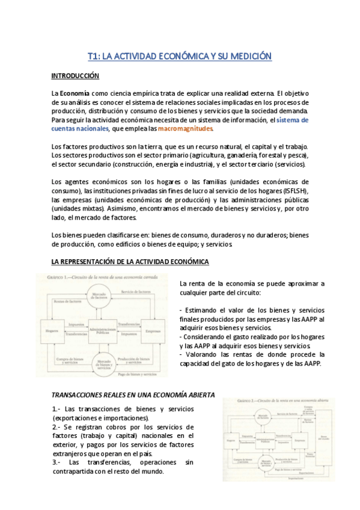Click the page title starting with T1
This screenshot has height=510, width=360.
[180, 57]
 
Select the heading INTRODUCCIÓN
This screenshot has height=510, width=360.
[75, 76]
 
